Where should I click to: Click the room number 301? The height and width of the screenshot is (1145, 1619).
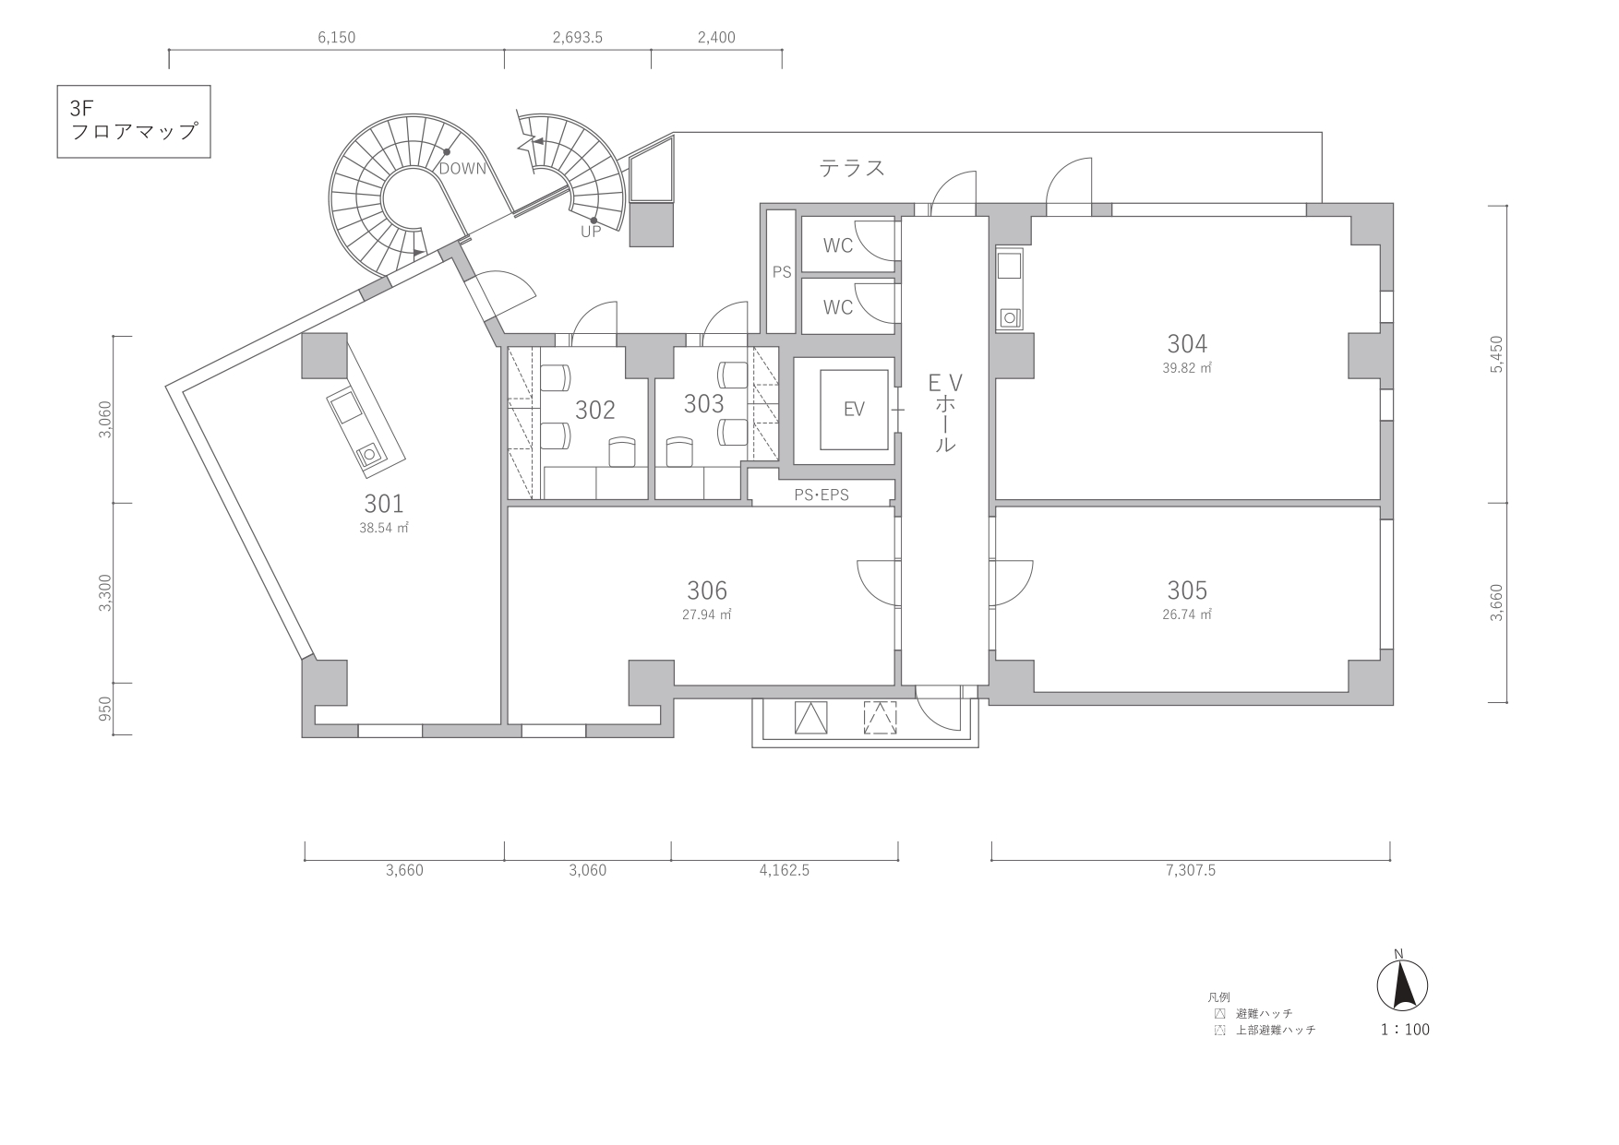tap(384, 504)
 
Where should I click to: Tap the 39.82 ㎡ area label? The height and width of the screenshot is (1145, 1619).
tap(1187, 367)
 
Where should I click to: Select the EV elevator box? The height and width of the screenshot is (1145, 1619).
tap(854, 409)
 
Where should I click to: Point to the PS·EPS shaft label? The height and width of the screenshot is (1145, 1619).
tap(821, 495)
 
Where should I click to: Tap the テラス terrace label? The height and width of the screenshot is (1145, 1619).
tap(852, 168)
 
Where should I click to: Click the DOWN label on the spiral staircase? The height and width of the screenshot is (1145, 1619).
tap(462, 169)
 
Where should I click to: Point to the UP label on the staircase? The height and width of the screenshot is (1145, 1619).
tap(591, 232)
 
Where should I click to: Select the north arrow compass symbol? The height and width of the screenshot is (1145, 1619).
tap(1402, 984)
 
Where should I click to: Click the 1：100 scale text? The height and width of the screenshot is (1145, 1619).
tap(1405, 1030)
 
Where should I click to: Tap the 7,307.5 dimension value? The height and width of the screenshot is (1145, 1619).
tap(1191, 870)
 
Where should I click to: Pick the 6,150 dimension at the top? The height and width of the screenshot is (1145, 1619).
tap(336, 38)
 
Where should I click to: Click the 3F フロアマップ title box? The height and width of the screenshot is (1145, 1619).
tap(134, 122)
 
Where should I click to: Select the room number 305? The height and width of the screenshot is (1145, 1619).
tap(1187, 590)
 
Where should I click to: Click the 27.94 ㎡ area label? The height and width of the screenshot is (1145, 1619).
tap(707, 614)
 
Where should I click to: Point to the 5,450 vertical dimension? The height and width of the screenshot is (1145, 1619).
tap(1496, 353)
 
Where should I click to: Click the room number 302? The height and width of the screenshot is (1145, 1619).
tap(595, 410)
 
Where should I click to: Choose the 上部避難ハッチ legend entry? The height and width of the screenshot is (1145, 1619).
tap(1266, 1030)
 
